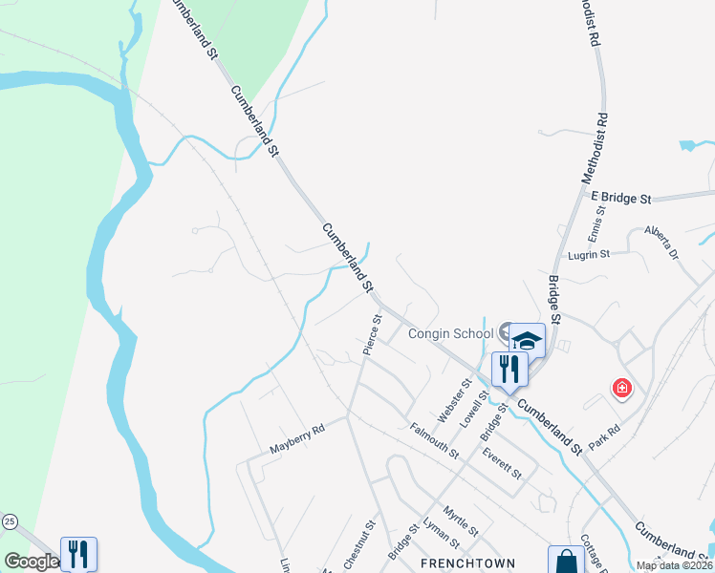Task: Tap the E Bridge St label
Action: click(x=620, y=198)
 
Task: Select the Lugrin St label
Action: click(x=589, y=255)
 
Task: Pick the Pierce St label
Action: click(x=372, y=335)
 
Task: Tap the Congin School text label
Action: click(x=450, y=333)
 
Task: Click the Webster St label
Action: click(x=454, y=401)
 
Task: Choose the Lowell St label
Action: click(x=474, y=406)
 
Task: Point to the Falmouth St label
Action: click(x=435, y=440)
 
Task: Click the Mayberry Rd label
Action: click(x=297, y=438)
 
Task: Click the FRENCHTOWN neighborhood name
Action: click(x=468, y=563)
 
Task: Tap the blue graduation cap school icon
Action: click(x=527, y=340)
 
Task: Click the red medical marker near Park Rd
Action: click(x=622, y=388)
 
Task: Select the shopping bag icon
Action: click(x=565, y=560)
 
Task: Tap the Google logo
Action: click(x=31, y=562)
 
